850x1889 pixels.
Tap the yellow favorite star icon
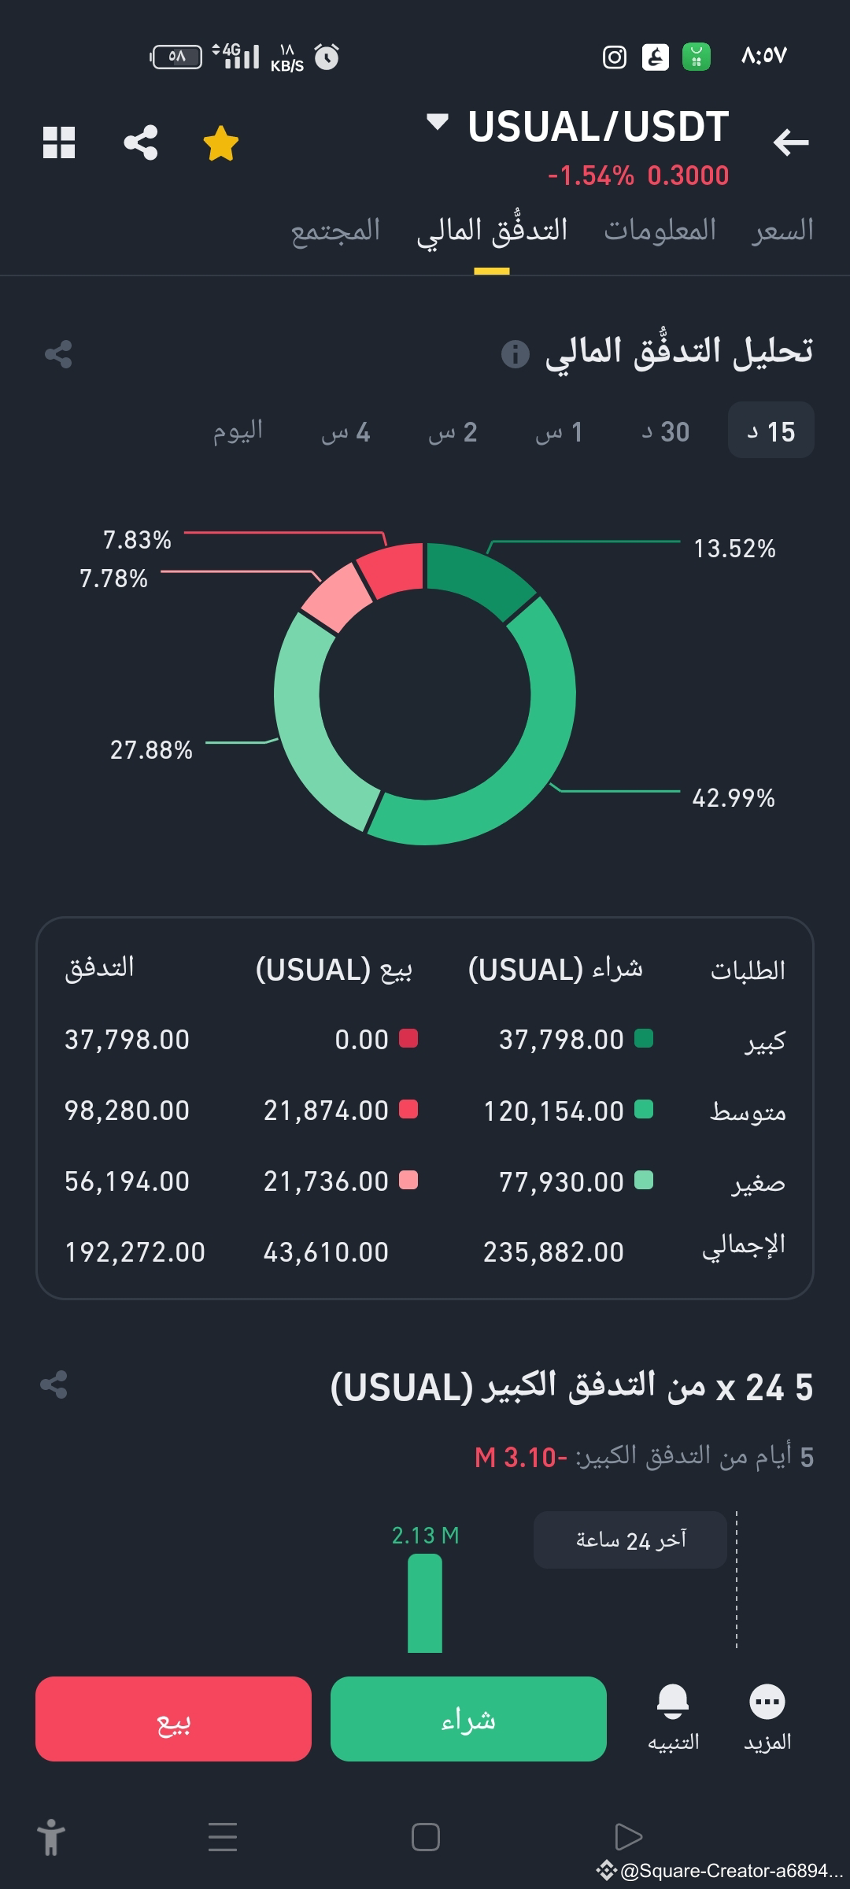[220, 143]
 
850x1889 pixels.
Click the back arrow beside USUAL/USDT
[790, 142]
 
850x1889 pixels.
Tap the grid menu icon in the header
[59, 142]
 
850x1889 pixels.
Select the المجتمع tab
[335, 231]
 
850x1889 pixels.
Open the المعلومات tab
[660, 231]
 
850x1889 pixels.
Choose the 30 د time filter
[666, 431]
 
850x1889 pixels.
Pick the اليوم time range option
[238, 431]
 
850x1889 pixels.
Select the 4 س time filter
[346, 431]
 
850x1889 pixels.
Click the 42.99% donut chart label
[733, 798]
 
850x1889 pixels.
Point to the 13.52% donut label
[734, 549]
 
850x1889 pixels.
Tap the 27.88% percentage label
[151, 750]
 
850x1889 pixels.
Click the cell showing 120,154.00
[553, 1111]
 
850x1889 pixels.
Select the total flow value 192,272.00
[135, 1251]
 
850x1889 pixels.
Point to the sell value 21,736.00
[326, 1181]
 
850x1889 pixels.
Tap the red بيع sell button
[173, 1718]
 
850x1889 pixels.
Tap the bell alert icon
[673, 1702]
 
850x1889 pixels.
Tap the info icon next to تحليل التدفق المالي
[516, 354]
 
